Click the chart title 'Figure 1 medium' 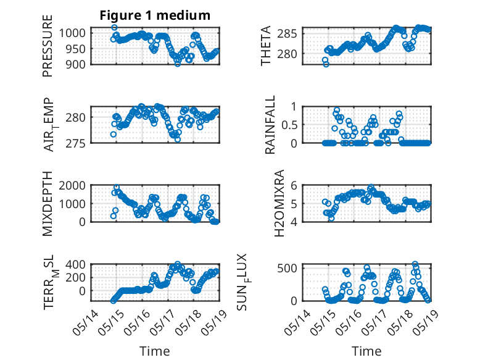155,15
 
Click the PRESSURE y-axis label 48,46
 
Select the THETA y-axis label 266,46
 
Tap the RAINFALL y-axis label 270,125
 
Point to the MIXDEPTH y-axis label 48,204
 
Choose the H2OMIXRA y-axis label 279,203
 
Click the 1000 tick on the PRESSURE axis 72,33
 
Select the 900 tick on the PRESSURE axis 75,64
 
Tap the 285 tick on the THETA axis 287,33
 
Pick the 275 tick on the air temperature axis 76,143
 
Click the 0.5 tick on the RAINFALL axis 289,125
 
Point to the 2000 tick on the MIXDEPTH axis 72,185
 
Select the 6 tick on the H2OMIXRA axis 294,185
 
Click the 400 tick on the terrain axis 75,264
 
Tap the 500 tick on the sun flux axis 287,268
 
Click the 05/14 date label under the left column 86,322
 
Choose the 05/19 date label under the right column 426,322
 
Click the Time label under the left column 155,351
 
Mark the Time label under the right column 366,351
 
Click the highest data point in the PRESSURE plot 114,27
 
